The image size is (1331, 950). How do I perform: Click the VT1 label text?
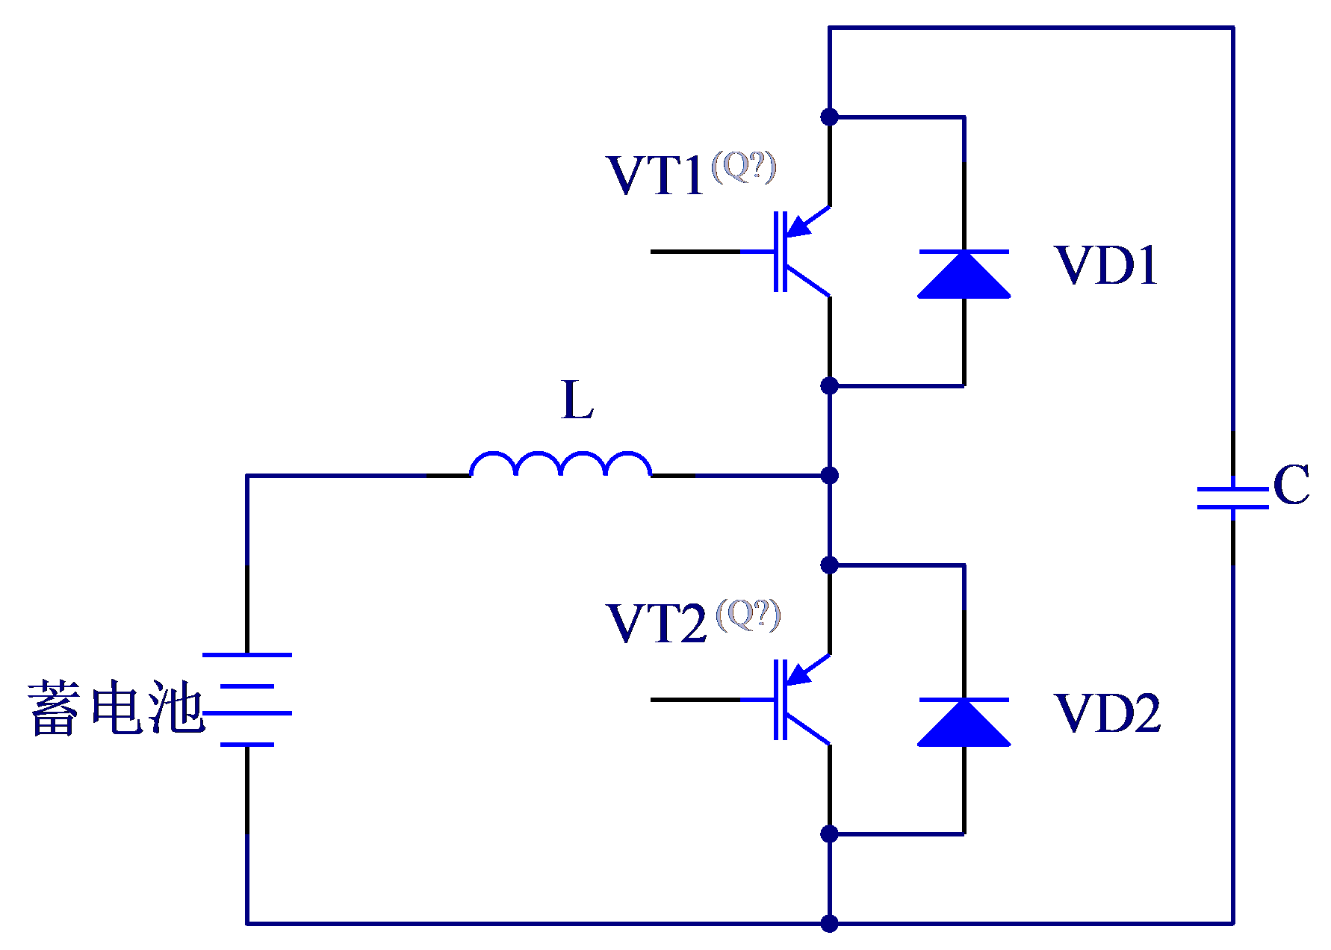(655, 176)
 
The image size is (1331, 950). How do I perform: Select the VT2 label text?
(657, 624)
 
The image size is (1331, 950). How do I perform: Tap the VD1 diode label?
(1106, 265)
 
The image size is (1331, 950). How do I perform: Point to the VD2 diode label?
(1108, 713)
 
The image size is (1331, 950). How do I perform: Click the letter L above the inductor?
(577, 400)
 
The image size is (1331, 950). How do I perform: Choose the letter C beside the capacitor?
(1291, 485)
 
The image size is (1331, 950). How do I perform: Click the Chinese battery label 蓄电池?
(116, 707)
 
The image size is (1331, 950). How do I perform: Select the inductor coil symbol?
(560, 463)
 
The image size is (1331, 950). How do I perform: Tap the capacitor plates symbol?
(1232, 498)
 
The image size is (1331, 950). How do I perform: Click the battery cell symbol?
(247, 700)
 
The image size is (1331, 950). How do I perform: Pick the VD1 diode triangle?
(964, 274)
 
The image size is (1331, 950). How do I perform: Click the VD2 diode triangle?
(964, 722)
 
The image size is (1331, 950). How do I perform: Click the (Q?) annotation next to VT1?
(744, 167)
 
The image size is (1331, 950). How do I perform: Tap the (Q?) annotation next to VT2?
(748, 615)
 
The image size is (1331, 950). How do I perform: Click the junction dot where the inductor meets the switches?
(829, 475)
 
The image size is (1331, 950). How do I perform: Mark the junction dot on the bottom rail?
(829, 924)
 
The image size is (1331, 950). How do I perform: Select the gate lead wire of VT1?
(695, 252)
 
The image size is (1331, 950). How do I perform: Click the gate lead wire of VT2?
(695, 700)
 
